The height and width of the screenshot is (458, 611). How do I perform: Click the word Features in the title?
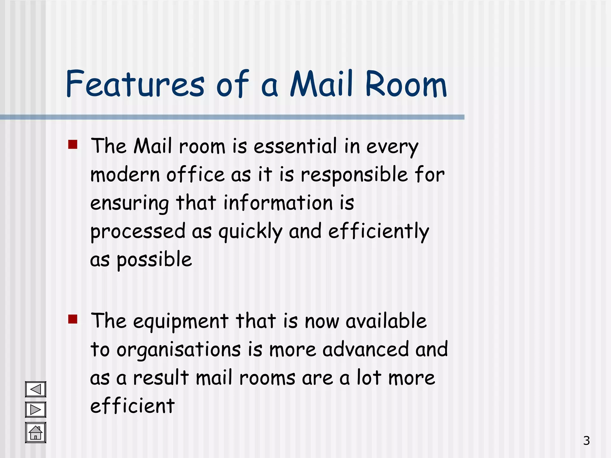pos(135,84)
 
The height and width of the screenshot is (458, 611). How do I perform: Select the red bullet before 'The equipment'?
pos(73,319)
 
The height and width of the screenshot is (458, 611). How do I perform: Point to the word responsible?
pos(354,175)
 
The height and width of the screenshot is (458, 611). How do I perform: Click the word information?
pos(278,203)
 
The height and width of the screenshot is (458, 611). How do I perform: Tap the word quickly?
pos(250,232)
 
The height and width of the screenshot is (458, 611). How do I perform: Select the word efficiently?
pos(379,231)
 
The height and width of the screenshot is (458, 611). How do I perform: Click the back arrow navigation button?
pos(36,389)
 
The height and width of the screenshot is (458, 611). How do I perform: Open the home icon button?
pos(36,433)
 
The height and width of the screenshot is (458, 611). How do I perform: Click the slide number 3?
pos(586,441)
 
